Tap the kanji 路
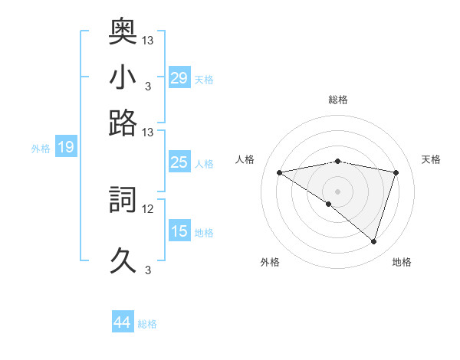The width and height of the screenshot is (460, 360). tap(123, 123)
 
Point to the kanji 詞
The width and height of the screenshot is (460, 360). tap(123, 200)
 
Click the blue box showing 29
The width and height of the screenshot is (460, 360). tap(179, 77)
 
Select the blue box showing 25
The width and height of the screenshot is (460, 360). tap(179, 162)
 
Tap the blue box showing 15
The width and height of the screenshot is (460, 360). tap(179, 231)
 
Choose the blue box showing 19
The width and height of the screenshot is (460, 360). tap(66, 147)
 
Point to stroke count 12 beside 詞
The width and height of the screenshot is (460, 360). tap(148, 208)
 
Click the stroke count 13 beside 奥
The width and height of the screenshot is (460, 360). tap(148, 40)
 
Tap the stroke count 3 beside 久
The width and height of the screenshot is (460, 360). tap(147, 270)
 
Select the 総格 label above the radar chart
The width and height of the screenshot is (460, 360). tap(337, 100)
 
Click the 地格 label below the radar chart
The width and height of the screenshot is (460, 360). tap(402, 263)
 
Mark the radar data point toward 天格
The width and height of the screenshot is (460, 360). tap(396, 172)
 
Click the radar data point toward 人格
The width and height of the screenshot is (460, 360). tap(280, 172)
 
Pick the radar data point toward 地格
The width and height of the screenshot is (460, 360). tap(373, 241)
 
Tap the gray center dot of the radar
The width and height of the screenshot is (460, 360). tap(337, 191)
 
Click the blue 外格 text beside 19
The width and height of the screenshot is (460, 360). tap(41, 149)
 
